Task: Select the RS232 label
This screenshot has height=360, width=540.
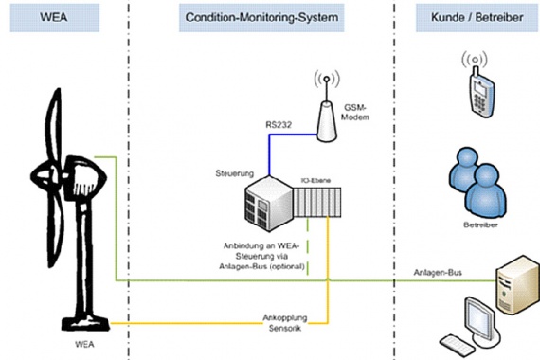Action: point(279,122)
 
